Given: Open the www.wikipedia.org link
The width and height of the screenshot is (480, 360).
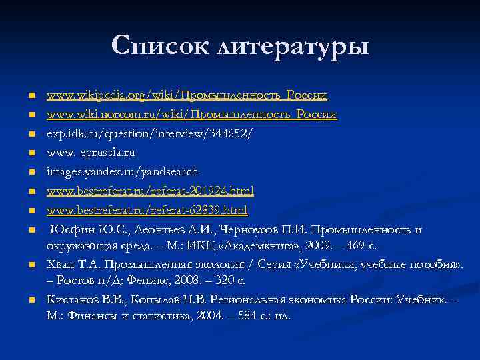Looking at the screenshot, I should [187, 95].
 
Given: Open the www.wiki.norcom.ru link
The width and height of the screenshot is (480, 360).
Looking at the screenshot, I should [191, 115].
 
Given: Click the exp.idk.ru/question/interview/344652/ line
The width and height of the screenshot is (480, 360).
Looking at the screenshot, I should [149, 134].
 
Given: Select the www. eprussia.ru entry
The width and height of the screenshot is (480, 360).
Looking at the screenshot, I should [91, 153].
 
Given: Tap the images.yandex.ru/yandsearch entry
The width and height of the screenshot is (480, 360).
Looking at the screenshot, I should [122, 172].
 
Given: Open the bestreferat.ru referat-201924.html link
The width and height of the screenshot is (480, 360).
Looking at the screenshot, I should [150, 191].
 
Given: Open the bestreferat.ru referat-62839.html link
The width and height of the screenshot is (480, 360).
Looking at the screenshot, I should [147, 211].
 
